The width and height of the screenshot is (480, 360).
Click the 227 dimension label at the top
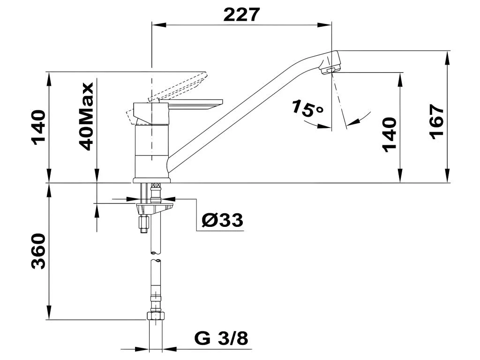coord(241,15)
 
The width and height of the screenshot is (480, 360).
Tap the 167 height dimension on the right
coord(436,122)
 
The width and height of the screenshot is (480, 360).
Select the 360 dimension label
coord(38,251)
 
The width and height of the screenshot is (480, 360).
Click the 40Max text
coord(86,117)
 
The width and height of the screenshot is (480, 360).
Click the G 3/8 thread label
coord(221,338)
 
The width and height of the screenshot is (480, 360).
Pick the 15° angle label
coord(307,109)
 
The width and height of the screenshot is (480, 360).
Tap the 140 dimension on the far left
coord(38,127)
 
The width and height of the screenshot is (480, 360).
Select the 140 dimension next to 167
coord(390,134)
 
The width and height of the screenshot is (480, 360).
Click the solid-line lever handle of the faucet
coord(195,105)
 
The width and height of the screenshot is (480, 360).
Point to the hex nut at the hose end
coord(156,315)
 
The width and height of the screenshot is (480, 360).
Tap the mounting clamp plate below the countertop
coord(155,209)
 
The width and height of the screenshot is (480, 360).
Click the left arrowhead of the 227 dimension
coord(158,25)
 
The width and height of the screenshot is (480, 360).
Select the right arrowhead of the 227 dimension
coord(324,25)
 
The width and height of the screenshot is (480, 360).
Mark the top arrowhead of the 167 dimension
coord(447,58)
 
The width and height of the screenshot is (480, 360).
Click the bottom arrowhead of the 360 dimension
coord(49,313)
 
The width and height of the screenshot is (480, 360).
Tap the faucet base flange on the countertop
coord(152,180)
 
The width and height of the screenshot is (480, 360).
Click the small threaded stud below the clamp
coord(143,225)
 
